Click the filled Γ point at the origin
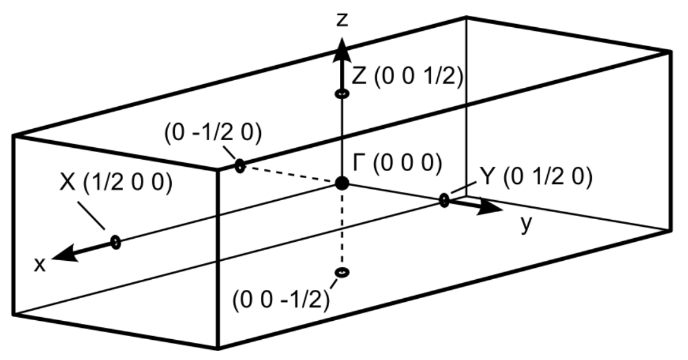pyautogui.click(x=342, y=184)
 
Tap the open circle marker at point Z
pyautogui.click(x=342, y=93)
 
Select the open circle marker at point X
pyautogui.click(x=116, y=241)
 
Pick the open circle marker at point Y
pyautogui.click(x=444, y=201)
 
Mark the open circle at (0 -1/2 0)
pyautogui.click(x=239, y=166)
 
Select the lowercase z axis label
pyautogui.click(x=342, y=20)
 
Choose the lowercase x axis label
pyautogui.click(x=40, y=265)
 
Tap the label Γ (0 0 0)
pyautogui.click(x=396, y=164)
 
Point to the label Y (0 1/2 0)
pyautogui.click(x=536, y=179)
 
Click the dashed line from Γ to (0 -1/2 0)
pyautogui.click(x=291, y=175)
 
